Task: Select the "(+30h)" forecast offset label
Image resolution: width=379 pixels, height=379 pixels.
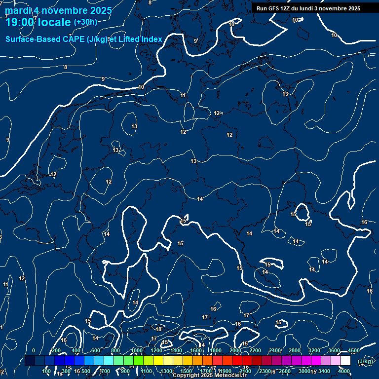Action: click(x=85, y=22)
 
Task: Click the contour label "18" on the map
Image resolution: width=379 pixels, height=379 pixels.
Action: click(x=158, y=329)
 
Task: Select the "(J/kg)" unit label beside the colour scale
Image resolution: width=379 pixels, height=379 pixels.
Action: click(x=365, y=362)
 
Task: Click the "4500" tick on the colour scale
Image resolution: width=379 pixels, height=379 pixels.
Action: click(x=354, y=350)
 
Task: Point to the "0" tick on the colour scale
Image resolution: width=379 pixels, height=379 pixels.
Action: click(x=34, y=350)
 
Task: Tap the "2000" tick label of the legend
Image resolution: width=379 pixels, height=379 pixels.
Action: click(x=235, y=350)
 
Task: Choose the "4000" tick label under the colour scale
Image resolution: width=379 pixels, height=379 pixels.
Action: click(x=344, y=371)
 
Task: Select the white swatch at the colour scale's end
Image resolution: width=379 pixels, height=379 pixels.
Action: click(x=345, y=361)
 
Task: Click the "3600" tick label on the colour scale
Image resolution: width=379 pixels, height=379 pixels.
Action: click(x=334, y=350)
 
